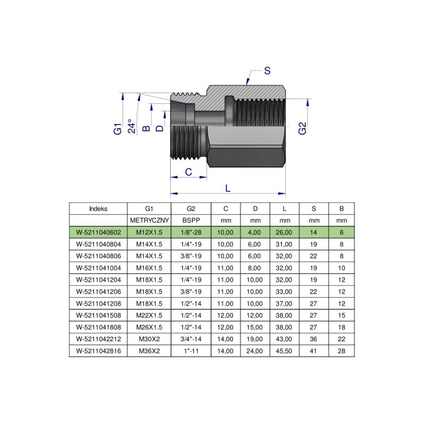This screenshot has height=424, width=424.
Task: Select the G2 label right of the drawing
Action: [302, 128]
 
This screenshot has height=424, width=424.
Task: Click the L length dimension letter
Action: [228, 188]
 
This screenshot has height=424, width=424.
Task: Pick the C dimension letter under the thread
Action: [188, 172]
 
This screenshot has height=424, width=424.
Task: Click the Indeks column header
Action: [98, 208]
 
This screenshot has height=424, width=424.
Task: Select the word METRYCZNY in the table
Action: [149, 220]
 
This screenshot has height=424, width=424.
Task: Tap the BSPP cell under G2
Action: [191, 220]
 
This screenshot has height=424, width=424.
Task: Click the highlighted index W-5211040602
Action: [98, 232]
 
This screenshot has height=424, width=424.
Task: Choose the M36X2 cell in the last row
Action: [149, 351]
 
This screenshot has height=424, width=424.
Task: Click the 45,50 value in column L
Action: [285, 351]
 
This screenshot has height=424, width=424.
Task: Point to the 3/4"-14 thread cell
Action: [191, 339]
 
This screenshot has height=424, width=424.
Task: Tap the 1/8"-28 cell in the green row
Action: [191, 232]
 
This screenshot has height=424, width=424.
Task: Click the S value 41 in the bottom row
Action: [314, 351]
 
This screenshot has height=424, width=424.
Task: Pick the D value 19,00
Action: [255, 339]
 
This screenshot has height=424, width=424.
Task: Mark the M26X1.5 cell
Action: [149, 327]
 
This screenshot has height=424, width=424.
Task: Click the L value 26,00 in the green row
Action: [285, 232]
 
